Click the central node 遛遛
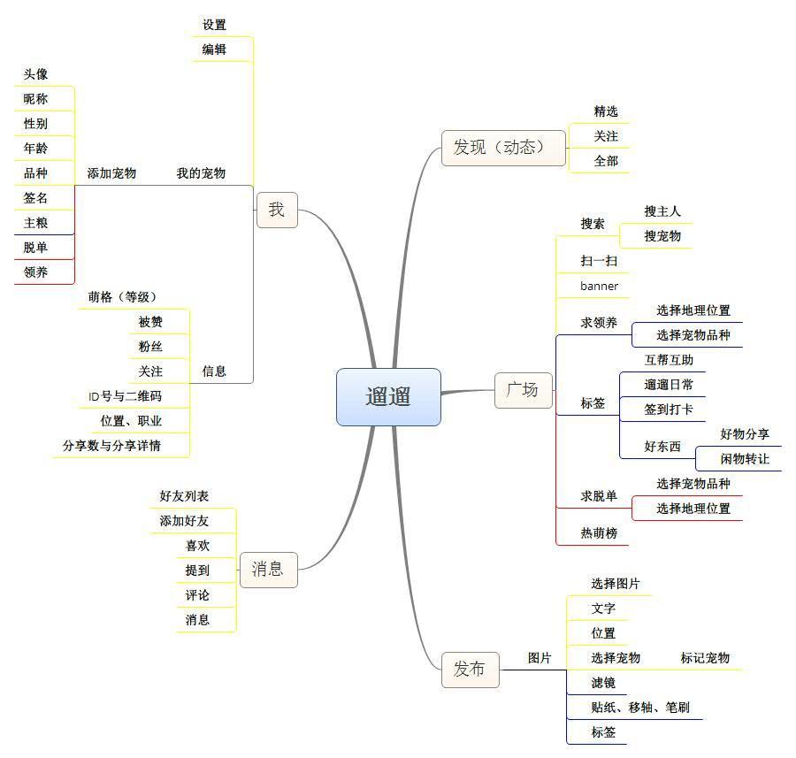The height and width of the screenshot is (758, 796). point(388,397)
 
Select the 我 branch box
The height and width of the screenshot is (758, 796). point(277,210)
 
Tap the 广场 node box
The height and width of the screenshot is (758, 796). point(523,389)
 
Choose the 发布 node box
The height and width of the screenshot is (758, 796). point(470,670)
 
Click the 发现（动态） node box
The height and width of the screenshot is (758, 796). point(502,148)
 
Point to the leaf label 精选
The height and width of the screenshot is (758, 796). point(606,111)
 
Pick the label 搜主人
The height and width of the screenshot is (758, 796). point(662,211)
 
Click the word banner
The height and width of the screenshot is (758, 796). point(599,286)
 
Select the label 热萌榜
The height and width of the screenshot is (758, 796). point(599,533)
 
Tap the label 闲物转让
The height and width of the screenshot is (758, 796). point(745,459)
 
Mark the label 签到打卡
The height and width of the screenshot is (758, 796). point(669,410)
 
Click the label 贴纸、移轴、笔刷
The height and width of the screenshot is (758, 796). point(640,708)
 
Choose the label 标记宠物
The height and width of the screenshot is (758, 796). point(705,658)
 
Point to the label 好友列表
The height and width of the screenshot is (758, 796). point(184,496)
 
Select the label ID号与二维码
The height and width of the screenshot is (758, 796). point(125,396)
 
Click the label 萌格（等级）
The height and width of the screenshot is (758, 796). point(122,297)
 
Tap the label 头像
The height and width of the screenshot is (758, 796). point(36,74)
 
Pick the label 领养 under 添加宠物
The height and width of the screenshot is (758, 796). point(36,272)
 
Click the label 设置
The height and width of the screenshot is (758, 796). point(214,25)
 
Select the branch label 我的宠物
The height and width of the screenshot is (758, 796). point(201,173)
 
